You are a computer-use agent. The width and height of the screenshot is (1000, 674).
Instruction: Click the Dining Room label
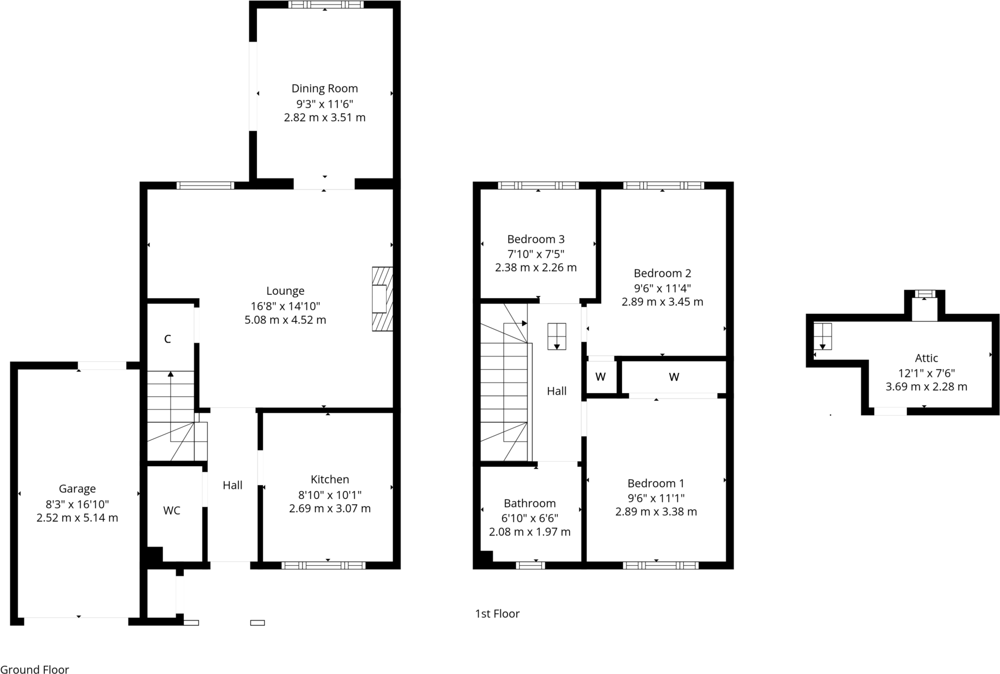coord(325,89)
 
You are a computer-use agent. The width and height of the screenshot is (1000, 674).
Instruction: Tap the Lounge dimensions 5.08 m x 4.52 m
coord(285,320)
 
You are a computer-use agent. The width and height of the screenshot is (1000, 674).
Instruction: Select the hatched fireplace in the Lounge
coord(382,299)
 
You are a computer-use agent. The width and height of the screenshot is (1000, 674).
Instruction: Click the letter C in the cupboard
coord(168,339)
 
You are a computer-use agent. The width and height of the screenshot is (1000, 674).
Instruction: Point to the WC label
coord(172,510)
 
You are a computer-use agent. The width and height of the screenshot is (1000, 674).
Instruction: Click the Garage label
coord(77,489)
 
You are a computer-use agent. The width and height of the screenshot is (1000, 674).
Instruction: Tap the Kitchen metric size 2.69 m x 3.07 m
coord(330,509)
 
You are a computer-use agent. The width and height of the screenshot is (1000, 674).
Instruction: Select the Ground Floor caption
coord(34,670)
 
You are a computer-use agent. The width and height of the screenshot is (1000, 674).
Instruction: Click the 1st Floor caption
coord(497,614)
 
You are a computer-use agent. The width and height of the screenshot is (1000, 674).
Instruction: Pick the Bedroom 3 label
coord(536,239)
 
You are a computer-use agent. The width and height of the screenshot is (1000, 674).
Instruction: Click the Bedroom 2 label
coord(662,273)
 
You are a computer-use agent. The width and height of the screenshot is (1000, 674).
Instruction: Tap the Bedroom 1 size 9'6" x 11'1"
coord(656,498)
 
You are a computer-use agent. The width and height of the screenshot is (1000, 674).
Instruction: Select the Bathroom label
coord(530,503)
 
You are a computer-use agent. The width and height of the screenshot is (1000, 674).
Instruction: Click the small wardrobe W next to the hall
coord(601,377)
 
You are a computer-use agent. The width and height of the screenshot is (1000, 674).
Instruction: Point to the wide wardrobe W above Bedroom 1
coord(674,377)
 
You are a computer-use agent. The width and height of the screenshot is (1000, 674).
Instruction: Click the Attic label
coord(926,358)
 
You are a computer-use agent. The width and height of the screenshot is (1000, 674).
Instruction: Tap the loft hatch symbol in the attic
coord(823,336)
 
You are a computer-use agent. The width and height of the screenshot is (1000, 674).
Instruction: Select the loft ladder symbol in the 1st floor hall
coord(557,336)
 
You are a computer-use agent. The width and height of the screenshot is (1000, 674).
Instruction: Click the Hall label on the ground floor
coord(233,486)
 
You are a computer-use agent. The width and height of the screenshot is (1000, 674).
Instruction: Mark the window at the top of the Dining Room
coord(325,5)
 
